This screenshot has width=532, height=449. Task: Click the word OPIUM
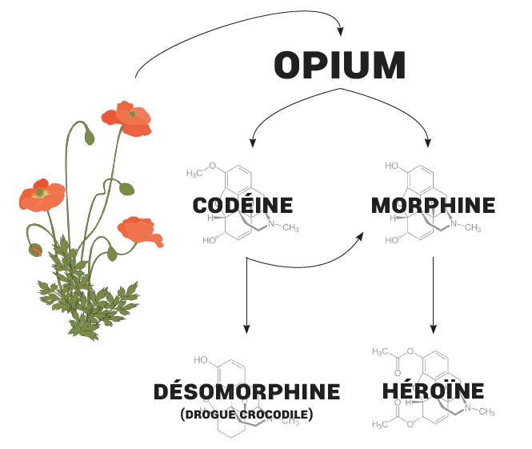tap(339, 65)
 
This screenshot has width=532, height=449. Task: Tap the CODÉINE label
tap(243, 206)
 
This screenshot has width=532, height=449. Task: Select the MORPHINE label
tap(433, 206)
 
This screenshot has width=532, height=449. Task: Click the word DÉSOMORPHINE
tap(246, 392)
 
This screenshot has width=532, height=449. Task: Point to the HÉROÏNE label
tap(433, 391)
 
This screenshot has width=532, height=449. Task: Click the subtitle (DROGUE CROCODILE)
tap(246, 415)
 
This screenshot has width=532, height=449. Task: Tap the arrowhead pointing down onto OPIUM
tap(340, 32)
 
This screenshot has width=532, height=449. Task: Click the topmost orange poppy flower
tap(128, 118)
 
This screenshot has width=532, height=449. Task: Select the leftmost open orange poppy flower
tap(42, 195)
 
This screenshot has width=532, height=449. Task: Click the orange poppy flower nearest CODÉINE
tap(141, 231)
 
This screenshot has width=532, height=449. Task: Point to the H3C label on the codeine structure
tap(196, 174)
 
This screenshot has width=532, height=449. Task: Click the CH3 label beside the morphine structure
tap(472, 228)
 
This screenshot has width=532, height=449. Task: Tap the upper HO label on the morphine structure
tap(392, 166)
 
